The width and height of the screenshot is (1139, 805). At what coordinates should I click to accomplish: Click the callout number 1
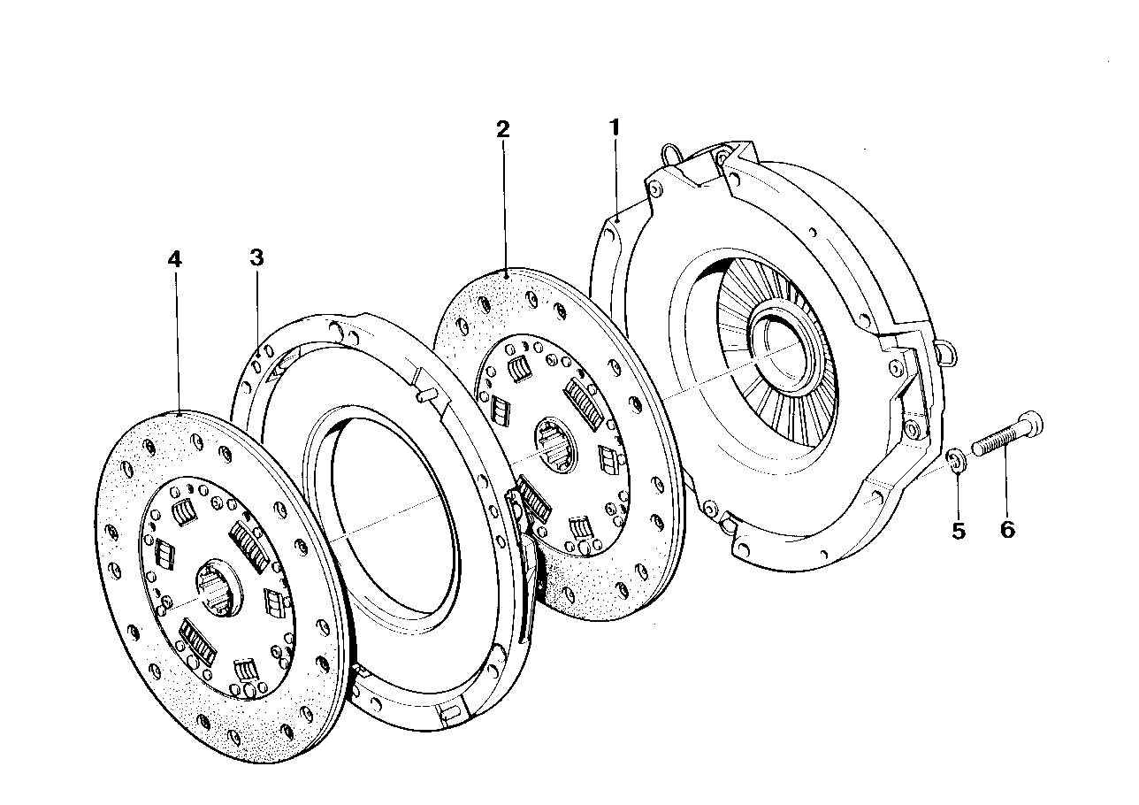point(614,127)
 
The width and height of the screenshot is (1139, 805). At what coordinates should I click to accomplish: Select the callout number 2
point(502,129)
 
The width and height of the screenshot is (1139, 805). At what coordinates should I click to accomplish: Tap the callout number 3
point(256,257)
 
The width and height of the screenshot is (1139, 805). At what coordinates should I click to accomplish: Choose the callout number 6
point(1007,530)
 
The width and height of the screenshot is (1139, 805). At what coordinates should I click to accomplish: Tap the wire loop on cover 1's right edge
point(944,354)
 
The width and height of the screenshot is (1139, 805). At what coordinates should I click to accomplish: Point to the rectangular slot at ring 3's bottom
point(448,709)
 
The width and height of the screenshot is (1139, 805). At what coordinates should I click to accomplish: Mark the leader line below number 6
point(1005,486)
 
